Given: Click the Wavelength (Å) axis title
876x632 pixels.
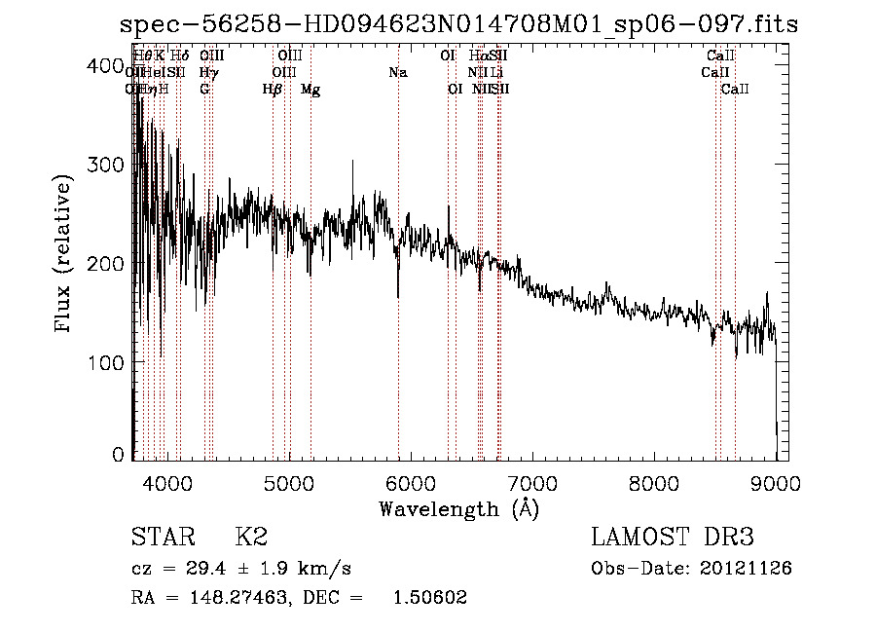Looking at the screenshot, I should (458, 508).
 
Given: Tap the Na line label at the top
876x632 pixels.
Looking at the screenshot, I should (397, 73).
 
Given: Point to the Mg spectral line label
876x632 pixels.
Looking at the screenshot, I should (310, 90).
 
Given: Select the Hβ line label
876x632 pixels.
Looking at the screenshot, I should (273, 90).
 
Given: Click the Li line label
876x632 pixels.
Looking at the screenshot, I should (496, 73).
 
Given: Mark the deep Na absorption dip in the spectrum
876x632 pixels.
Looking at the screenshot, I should (398, 295).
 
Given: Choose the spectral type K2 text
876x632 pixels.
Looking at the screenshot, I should (251, 538).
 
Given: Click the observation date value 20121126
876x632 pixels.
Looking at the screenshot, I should (744, 568).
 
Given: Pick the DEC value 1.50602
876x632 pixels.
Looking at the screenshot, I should (429, 598).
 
